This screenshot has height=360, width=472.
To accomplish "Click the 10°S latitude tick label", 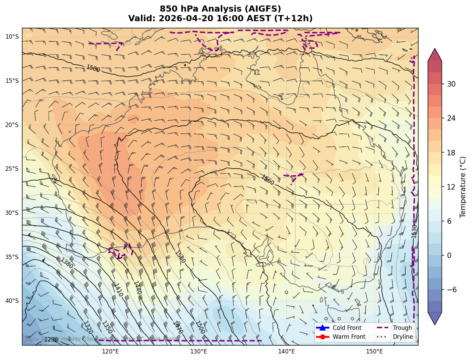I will (12, 37).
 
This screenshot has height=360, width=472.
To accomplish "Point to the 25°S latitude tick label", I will (12, 169).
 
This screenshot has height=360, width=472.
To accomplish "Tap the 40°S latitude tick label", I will (12, 301).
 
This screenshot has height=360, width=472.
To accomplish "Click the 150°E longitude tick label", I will (375, 351).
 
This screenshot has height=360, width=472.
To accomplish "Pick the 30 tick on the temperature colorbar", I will (451, 84).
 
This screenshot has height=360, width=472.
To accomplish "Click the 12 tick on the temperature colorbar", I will (451, 187).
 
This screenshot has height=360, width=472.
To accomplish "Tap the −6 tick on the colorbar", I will (451, 290).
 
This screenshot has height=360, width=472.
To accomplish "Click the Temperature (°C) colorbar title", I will (463, 187).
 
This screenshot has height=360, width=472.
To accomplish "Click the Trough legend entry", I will (402, 328).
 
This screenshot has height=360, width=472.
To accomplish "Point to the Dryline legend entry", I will (403, 337).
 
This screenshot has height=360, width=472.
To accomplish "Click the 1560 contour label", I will (268, 180).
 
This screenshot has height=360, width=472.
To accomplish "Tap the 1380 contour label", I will (67, 263).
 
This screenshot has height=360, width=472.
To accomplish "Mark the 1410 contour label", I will (118, 290).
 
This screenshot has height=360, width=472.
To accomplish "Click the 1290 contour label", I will (51, 339).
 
